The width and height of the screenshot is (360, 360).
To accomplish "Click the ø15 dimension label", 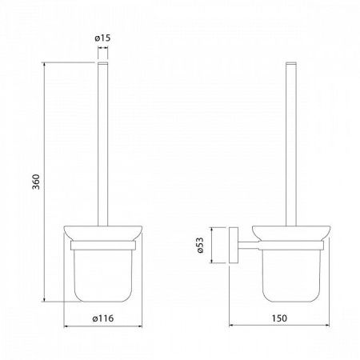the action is [102, 38].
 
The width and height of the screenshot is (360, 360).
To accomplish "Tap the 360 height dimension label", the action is [36, 182].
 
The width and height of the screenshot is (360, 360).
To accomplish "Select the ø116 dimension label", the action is [103, 318].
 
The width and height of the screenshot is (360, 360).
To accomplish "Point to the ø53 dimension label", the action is [200, 245].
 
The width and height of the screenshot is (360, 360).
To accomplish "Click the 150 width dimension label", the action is [279, 318].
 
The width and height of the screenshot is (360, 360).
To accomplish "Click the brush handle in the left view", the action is [103, 144].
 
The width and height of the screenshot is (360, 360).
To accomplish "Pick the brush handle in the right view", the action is [291, 144].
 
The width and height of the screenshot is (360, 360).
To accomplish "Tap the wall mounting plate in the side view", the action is [234, 245].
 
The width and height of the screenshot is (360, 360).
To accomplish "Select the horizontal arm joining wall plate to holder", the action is [248, 246].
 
